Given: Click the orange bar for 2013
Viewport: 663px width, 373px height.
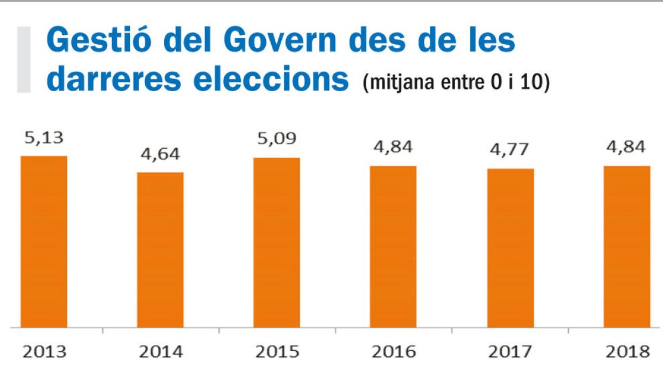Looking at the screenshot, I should [x=44, y=241].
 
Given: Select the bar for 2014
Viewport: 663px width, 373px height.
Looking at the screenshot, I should [x=160, y=250].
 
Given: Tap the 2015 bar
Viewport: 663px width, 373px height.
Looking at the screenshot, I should [x=277, y=243].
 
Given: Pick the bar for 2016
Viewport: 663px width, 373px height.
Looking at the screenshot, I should [x=393, y=246].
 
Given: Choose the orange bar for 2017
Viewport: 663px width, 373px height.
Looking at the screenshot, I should [x=511, y=248].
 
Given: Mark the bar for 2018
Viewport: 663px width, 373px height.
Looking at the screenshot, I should [x=627, y=246].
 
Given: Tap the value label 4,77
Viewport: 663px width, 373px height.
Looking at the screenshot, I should [x=511, y=150].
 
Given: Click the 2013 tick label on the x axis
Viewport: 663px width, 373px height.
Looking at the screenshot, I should [x=44, y=352].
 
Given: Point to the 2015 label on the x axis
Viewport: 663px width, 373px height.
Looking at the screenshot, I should [x=277, y=352].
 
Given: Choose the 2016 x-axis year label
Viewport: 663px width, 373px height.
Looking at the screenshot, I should [x=393, y=352].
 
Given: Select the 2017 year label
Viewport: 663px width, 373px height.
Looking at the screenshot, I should [x=511, y=352].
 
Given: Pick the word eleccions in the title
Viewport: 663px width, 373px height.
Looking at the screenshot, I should [x=271, y=80].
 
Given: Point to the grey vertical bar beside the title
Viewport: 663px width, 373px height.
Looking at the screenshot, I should [x=24, y=58].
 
